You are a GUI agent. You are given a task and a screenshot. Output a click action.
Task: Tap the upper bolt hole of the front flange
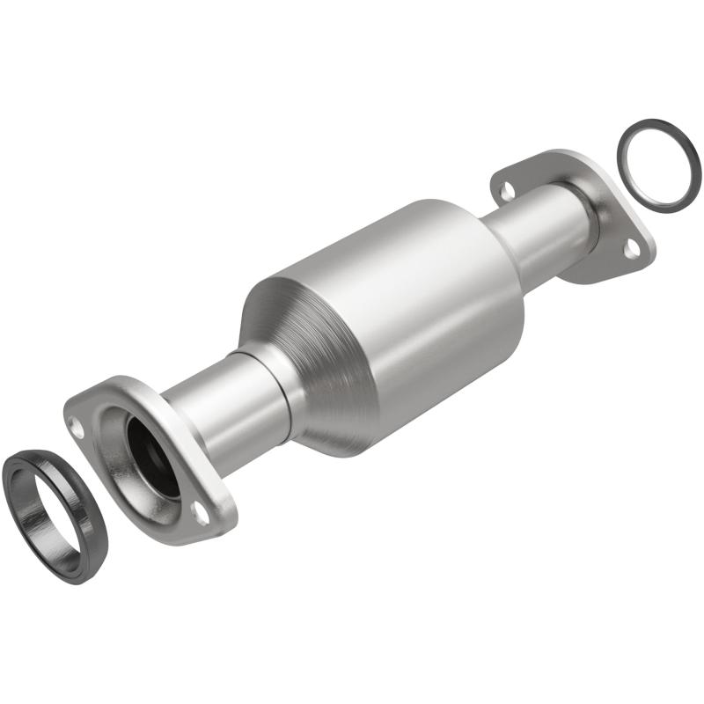tap(77, 429)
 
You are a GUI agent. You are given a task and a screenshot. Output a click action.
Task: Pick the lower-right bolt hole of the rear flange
tap(630, 250)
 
